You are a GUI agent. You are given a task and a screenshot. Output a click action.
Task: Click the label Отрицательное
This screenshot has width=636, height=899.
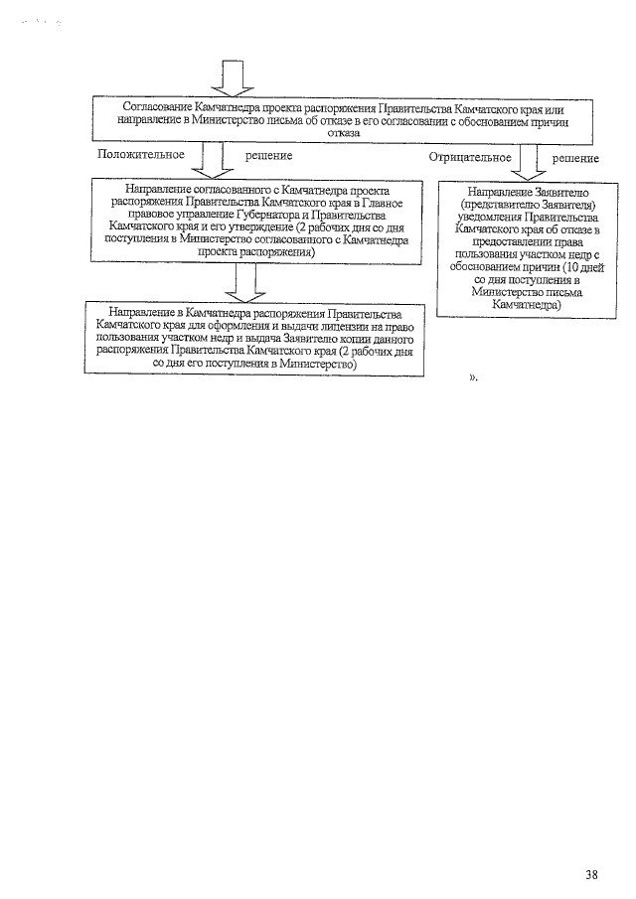pyautogui.click(x=471, y=157)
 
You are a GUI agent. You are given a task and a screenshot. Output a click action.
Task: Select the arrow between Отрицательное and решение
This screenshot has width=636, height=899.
pyautogui.click(x=526, y=160)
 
